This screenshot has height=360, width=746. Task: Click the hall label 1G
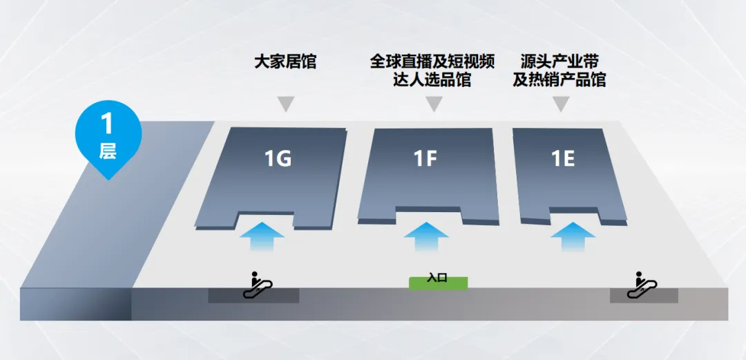point(278,159)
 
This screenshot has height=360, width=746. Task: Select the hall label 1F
point(425,159)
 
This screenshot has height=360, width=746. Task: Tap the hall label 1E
point(563,159)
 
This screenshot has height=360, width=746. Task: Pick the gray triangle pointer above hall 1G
point(285,104)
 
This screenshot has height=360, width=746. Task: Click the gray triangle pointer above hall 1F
point(434,104)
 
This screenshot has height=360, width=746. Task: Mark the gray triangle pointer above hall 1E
point(561,104)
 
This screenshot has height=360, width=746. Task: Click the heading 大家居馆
point(285,61)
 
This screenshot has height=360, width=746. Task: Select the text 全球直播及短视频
point(432,61)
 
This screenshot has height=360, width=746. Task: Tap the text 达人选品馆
point(433,79)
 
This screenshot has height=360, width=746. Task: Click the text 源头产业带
point(559,61)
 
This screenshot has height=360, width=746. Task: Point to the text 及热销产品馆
point(559,79)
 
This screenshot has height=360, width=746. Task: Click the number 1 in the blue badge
point(106,124)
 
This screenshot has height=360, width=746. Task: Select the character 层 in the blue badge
point(107,151)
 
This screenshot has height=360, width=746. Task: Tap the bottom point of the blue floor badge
point(107,179)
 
